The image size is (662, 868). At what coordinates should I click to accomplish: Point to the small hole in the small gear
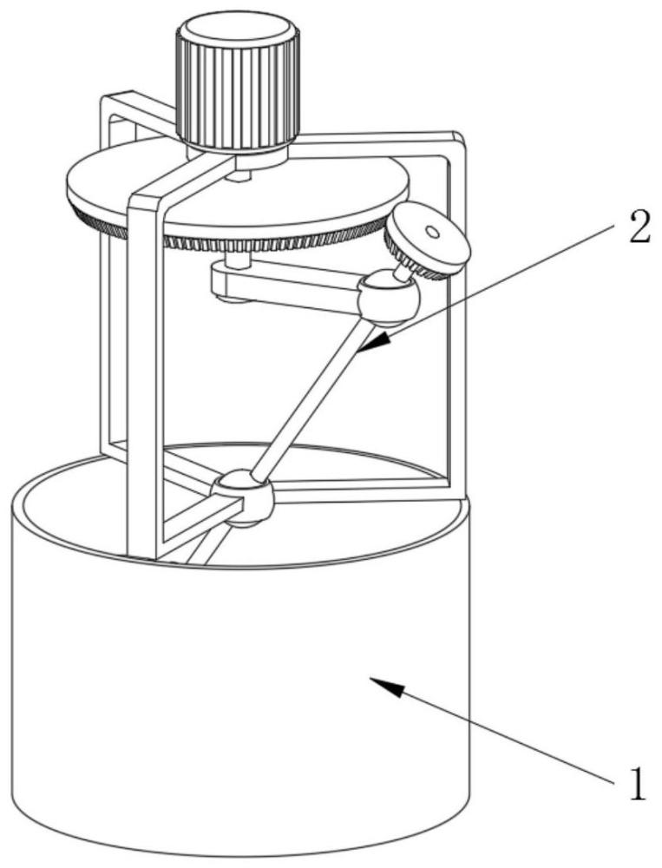(431, 232)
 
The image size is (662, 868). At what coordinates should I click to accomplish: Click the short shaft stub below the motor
(239, 175)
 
